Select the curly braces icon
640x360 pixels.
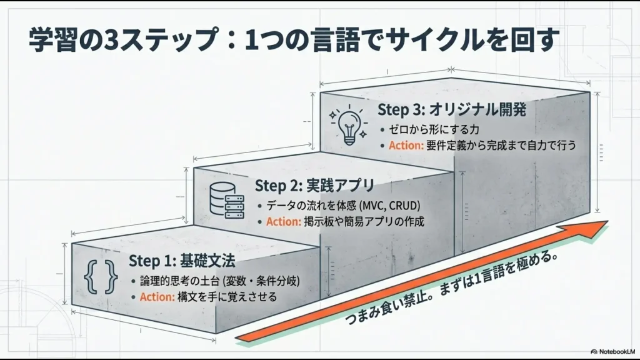click(x=101, y=276)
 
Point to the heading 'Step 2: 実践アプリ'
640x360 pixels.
click(x=314, y=186)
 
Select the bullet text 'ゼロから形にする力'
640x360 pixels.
click(x=431, y=129)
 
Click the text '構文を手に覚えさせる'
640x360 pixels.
click(x=227, y=296)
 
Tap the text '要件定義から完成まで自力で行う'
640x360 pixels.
click(x=501, y=146)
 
